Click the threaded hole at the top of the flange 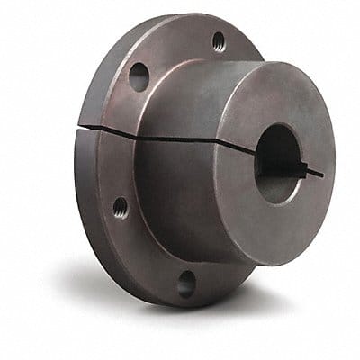(x=219, y=40)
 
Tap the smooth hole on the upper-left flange (x=139, y=76)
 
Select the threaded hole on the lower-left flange (x=120, y=207)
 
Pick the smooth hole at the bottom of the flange (x=186, y=283)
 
